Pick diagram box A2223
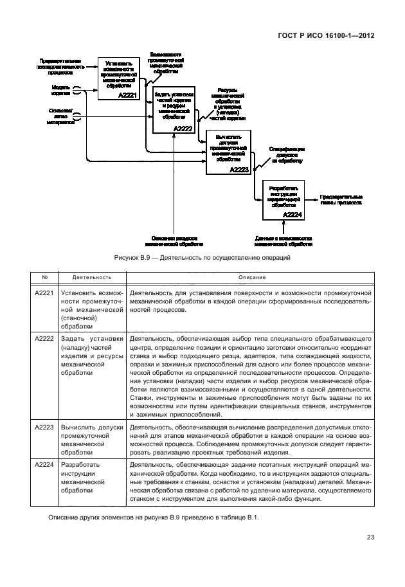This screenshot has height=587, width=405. click(228, 151)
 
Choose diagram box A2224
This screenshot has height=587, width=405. click(283, 200)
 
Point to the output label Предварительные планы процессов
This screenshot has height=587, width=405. click(341, 199)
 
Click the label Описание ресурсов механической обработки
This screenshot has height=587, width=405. click(174, 241)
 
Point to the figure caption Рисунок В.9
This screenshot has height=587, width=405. click(202, 258)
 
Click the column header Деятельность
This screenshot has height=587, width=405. click(92, 277)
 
